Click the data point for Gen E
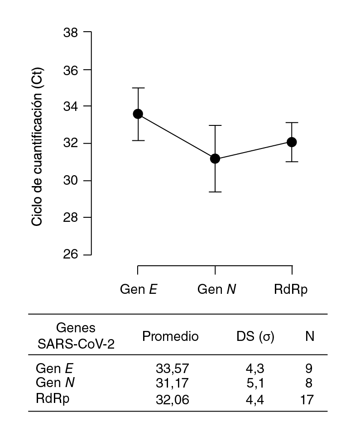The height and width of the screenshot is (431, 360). pyautogui.click(x=138, y=114)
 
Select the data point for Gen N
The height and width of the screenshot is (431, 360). pyautogui.click(x=215, y=158)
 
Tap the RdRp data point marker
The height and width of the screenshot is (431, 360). pyautogui.click(x=292, y=142)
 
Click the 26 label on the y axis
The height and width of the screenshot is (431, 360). pyautogui.click(x=72, y=254)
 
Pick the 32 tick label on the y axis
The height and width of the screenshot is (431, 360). pyautogui.click(x=72, y=144)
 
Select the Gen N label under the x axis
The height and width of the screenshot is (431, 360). pyautogui.click(x=216, y=290)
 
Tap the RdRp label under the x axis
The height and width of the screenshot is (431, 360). pyautogui.click(x=291, y=290)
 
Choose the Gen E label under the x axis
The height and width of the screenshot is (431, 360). pyautogui.click(x=139, y=290)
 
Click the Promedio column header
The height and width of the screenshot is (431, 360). pyautogui.click(x=170, y=336)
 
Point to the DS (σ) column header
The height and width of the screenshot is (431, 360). pyautogui.click(x=255, y=336)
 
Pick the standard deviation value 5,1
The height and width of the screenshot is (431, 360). pyautogui.click(x=256, y=383)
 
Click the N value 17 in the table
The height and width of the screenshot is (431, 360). pyautogui.click(x=306, y=399)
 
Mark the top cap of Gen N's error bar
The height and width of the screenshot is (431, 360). pyautogui.click(x=215, y=125)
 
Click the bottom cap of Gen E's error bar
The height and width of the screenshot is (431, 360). pyautogui.click(x=138, y=140)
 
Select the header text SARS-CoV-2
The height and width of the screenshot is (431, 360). pyautogui.click(x=76, y=344)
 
